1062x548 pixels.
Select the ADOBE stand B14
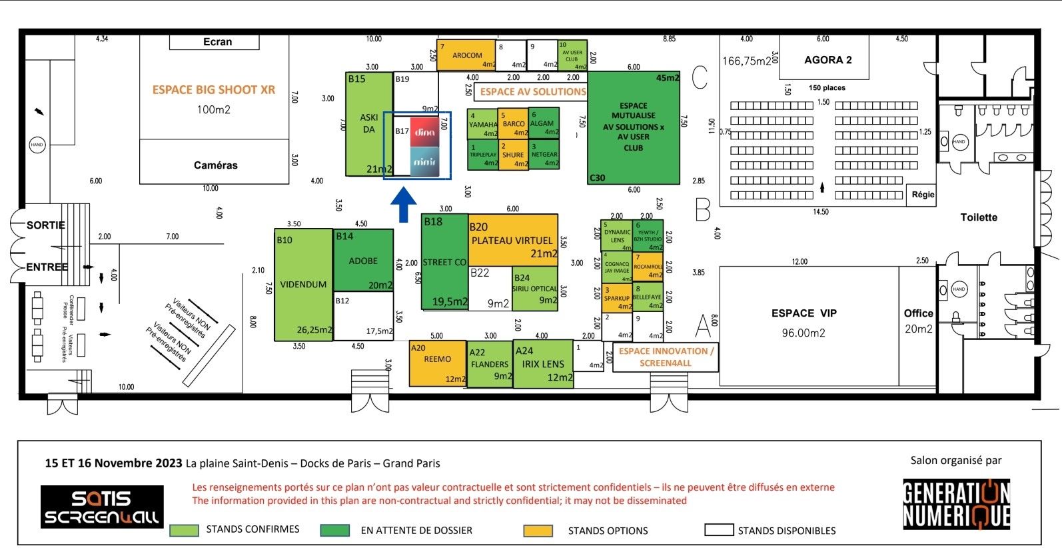(363, 261)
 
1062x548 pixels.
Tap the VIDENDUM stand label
(303, 285)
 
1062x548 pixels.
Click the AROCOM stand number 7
(467, 55)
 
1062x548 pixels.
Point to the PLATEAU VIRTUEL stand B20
(512, 240)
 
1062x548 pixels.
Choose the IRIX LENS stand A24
(543, 364)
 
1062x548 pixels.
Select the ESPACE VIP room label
(803, 313)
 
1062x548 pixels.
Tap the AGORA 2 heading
(827, 60)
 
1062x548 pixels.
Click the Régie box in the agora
(923, 195)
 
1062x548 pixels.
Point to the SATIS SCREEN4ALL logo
(102, 507)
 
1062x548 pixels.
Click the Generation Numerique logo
(956, 505)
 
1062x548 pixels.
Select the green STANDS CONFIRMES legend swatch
(184, 530)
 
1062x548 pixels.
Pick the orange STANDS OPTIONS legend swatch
(538, 531)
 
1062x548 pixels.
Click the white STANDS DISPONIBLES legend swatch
(718, 530)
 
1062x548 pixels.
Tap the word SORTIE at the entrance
(45, 225)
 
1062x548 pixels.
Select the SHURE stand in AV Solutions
(513, 155)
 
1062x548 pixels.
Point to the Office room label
(918, 313)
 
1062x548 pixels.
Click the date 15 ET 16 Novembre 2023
(113, 463)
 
